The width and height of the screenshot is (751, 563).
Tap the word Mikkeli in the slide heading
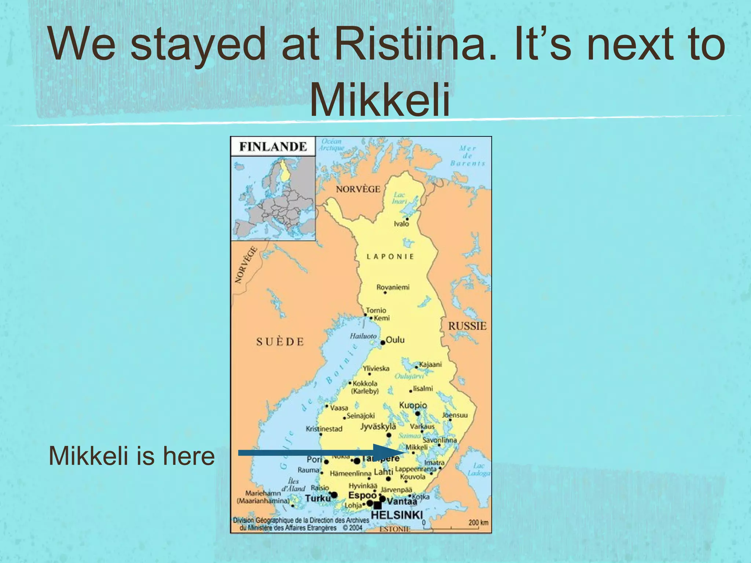[x=380, y=99]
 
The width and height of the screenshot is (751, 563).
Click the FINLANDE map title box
[x=273, y=147]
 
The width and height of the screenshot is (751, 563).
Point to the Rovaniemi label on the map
[x=393, y=287]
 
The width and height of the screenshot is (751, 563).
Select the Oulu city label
[x=395, y=340]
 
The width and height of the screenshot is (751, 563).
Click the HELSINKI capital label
[x=397, y=515]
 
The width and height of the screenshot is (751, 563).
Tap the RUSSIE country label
[x=467, y=326]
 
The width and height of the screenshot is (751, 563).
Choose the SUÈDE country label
[x=280, y=342]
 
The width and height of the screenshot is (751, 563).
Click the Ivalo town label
[x=401, y=224]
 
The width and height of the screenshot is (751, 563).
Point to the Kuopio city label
[x=413, y=405]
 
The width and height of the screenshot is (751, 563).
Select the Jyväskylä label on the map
[x=378, y=427]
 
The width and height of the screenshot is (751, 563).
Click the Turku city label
[x=318, y=498]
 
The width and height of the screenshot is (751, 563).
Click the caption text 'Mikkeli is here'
[x=132, y=456]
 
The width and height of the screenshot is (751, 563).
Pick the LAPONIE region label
[x=390, y=257]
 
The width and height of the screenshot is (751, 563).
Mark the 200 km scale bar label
[x=478, y=522]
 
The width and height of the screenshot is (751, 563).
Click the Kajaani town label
[x=430, y=364]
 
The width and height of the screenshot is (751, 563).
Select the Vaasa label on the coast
[x=339, y=408]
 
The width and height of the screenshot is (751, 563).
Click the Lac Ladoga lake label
[x=479, y=469]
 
